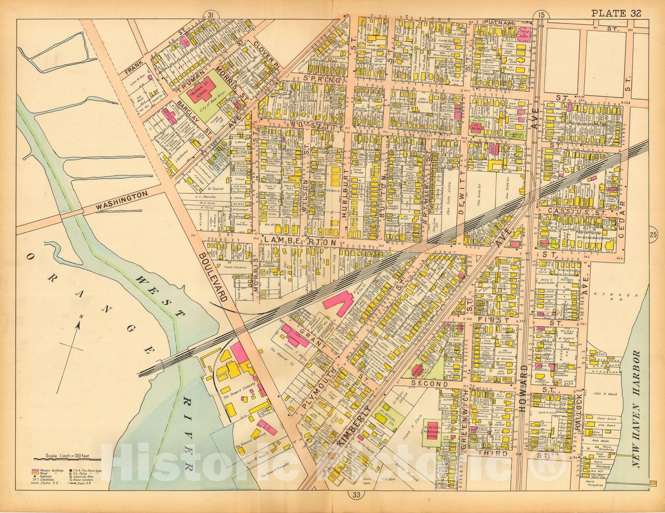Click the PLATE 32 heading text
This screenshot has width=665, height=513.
616,13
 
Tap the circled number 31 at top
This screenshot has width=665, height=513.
211,15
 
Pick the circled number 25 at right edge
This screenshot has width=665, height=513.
653,236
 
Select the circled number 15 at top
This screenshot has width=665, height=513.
540,15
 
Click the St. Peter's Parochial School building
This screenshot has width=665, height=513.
433,432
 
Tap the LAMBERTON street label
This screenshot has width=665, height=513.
298,242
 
